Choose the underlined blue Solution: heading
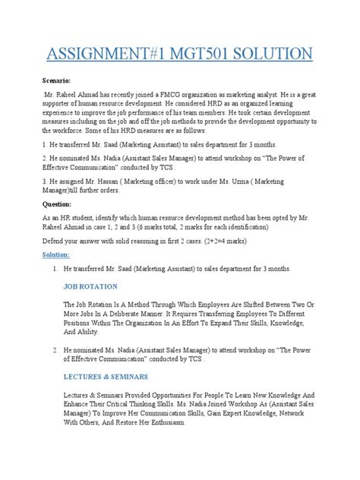click(x=58, y=254)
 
